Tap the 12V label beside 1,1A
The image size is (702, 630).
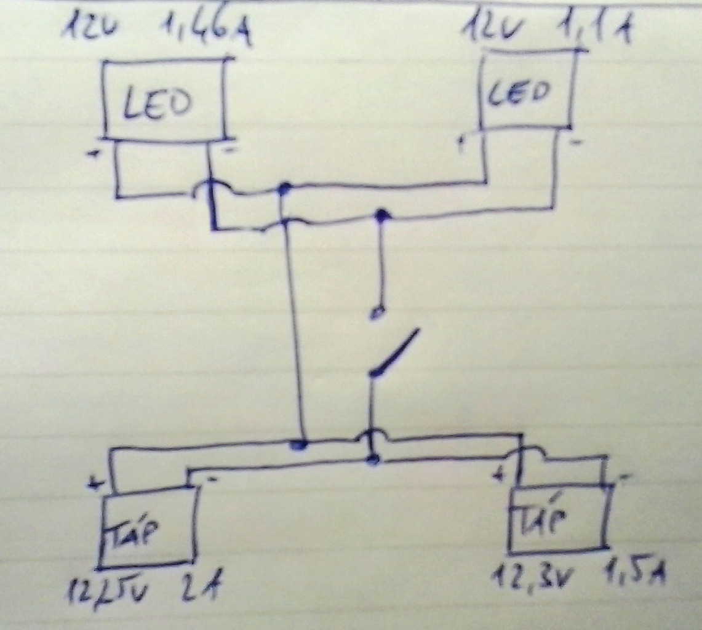coord(489,26)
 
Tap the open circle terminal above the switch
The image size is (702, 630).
coord(377,313)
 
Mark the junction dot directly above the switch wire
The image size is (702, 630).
coord(383,215)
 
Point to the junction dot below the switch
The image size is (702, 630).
coord(372,458)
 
